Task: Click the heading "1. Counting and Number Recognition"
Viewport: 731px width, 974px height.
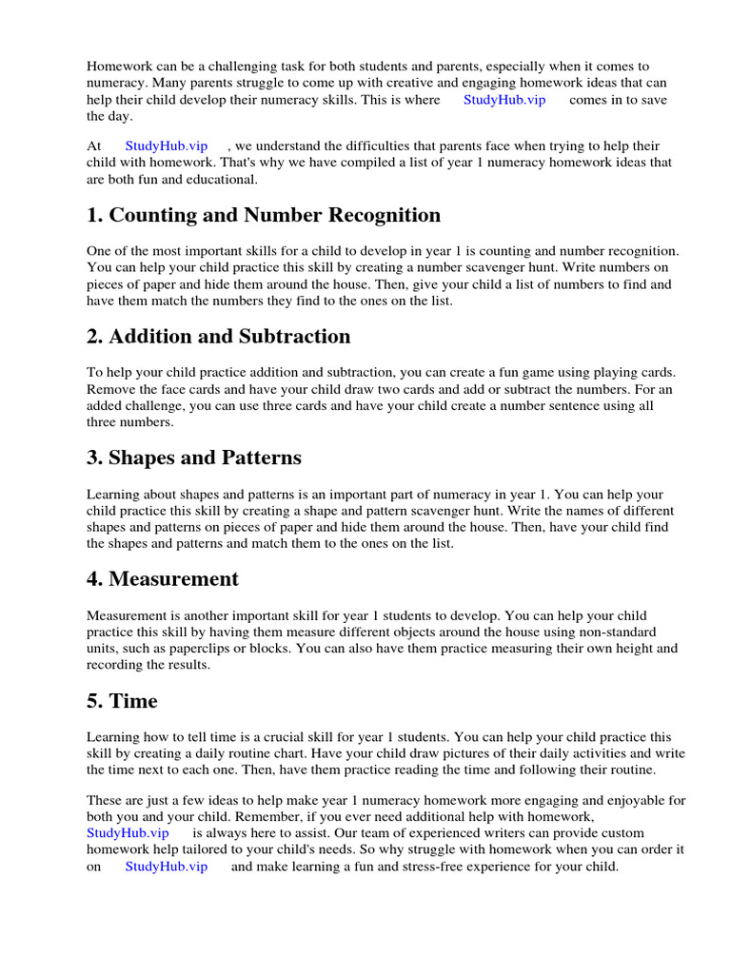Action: (264, 215)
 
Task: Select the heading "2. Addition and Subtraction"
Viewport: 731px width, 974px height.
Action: (218, 337)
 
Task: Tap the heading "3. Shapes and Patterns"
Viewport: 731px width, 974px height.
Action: (194, 458)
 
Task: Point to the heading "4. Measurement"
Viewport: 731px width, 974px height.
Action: (163, 579)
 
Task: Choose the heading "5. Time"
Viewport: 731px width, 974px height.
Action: (122, 701)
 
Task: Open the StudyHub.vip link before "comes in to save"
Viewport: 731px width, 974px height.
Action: (504, 100)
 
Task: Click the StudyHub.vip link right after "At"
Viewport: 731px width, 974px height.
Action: (167, 146)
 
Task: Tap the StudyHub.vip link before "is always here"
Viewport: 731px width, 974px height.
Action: (128, 832)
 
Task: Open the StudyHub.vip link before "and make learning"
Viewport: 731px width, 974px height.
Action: (167, 867)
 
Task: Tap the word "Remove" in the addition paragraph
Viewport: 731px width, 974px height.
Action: (111, 389)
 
